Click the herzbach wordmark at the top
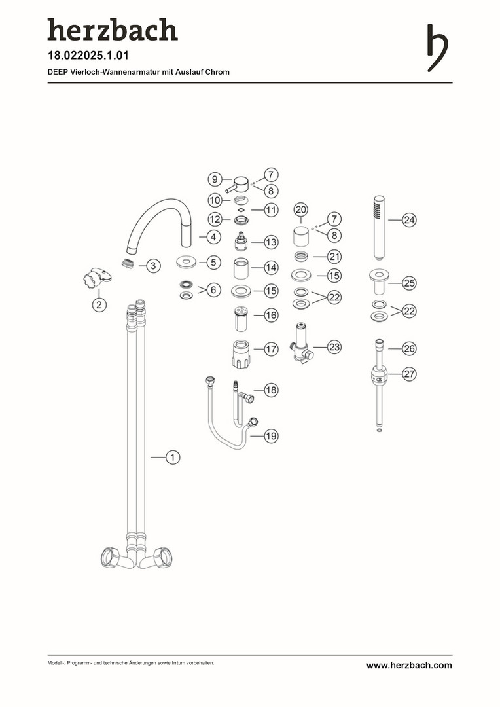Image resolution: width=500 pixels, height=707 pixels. [x=113, y=29]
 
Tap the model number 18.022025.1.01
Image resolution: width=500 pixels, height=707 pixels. [x=88, y=56]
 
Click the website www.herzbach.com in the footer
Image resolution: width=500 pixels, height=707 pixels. [x=409, y=665]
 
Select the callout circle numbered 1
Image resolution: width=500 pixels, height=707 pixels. [x=173, y=457]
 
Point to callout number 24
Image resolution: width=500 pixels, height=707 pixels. [x=409, y=220]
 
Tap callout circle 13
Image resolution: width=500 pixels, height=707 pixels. [x=271, y=242]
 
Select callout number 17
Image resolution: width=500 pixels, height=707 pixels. [x=271, y=349]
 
